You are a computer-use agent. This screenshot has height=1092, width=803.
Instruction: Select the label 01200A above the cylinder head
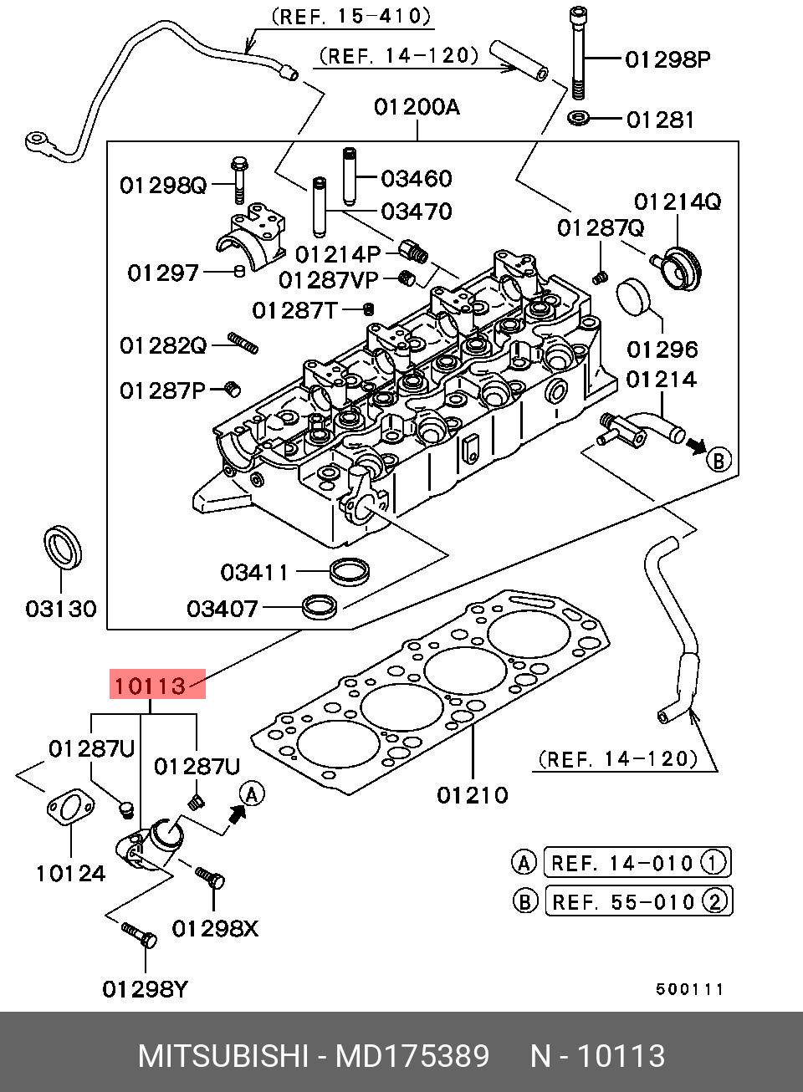417,107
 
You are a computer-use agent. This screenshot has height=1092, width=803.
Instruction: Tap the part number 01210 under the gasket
472,794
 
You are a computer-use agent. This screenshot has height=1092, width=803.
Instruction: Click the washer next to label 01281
577,119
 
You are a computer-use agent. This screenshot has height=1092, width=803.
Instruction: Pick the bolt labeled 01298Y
139,935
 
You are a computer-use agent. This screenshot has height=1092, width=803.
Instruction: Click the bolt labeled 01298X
209,877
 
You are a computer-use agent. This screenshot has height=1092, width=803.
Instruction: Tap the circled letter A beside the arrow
253,793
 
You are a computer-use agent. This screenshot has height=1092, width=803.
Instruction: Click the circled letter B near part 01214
719,459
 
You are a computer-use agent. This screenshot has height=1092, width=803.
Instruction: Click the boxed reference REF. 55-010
638,901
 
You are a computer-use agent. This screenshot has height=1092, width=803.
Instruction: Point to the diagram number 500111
688,989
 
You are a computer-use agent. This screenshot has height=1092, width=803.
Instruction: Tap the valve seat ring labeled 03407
320,607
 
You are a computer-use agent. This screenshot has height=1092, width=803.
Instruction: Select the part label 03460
416,178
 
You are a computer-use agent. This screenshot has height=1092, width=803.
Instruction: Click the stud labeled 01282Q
243,343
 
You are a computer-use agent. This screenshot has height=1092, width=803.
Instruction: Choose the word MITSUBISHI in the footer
222,1056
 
